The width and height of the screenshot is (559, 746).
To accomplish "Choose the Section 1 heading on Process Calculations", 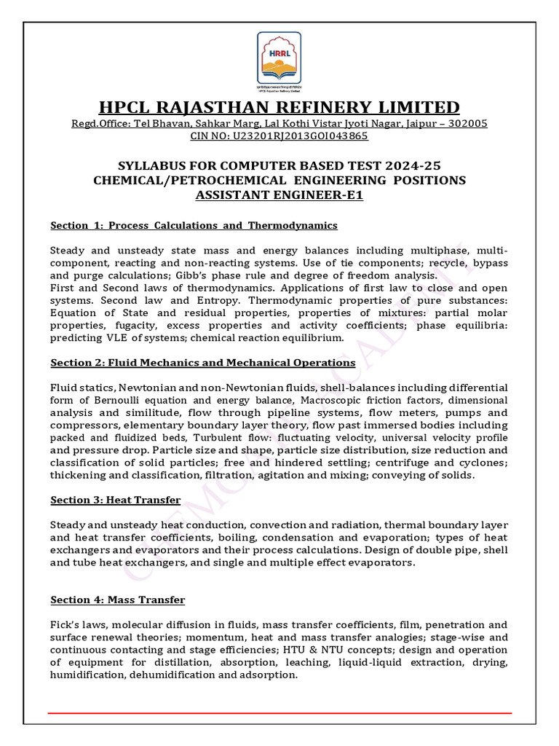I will [194, 225].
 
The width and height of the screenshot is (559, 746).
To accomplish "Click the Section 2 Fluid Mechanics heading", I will [202, 362].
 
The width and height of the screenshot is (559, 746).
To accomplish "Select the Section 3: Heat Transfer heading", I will [115, 500].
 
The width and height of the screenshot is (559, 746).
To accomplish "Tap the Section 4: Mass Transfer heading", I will [117, 600].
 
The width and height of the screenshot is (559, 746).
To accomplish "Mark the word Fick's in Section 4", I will [66, 624].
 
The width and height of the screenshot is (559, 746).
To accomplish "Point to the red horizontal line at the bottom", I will [279, 713].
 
